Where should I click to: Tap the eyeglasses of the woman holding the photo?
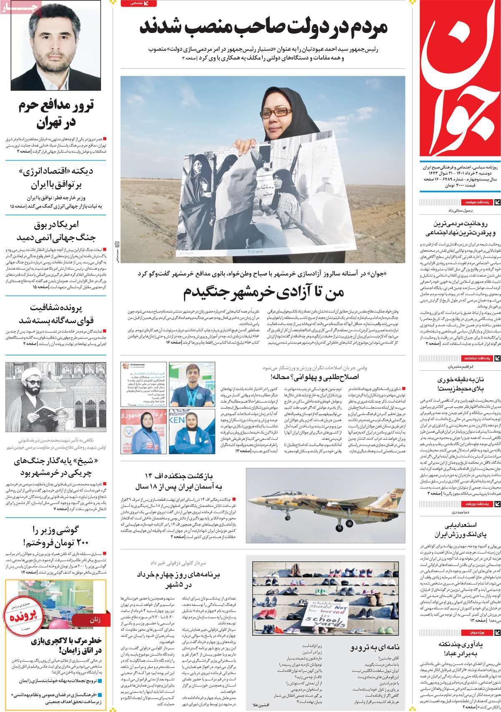276,112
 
